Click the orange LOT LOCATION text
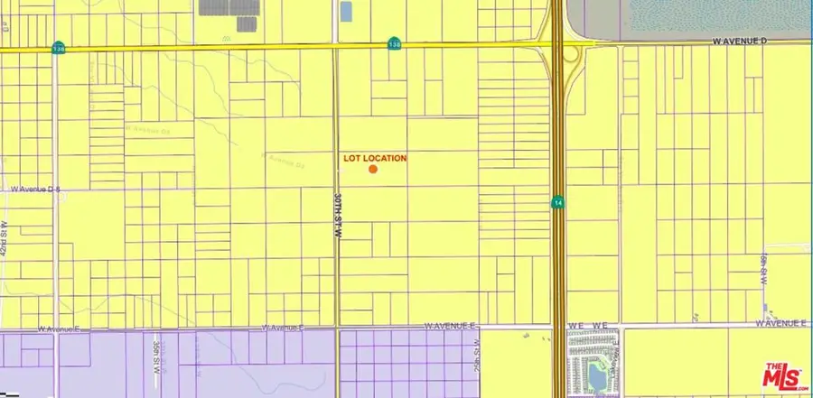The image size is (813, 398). pos(376,158)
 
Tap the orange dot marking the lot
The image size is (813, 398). pos(372,169)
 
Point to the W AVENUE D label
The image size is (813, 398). pos(738,41)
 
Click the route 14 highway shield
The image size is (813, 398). pos(558,203)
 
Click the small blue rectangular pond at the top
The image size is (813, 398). pos(345,12)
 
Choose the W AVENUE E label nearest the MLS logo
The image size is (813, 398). pos(784,323)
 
